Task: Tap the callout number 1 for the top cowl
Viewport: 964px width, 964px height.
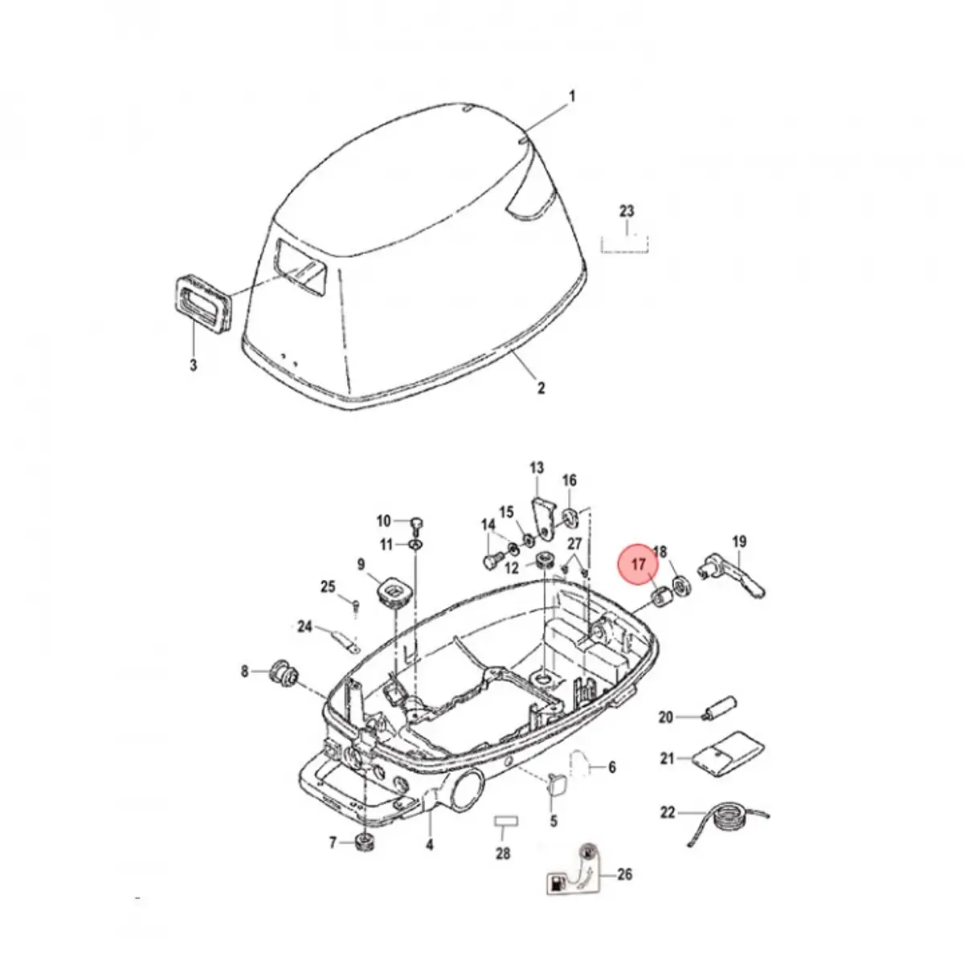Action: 572,96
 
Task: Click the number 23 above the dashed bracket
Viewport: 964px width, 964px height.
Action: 627,211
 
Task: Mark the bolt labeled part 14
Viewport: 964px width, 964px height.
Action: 492,561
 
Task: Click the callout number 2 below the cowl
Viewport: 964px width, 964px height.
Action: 541,388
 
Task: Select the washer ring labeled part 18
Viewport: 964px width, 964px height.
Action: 681,586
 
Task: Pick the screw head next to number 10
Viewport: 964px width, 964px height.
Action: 416,523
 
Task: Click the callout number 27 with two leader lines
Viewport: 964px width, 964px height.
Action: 575,543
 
